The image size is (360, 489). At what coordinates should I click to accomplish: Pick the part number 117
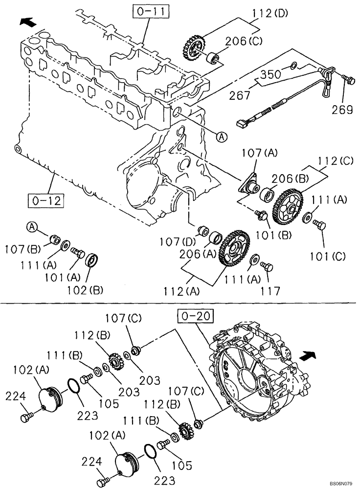pyautogui.click(x=270, y=291)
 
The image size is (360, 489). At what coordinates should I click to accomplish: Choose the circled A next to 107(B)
pyautogui.click(x=31, y=226)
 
